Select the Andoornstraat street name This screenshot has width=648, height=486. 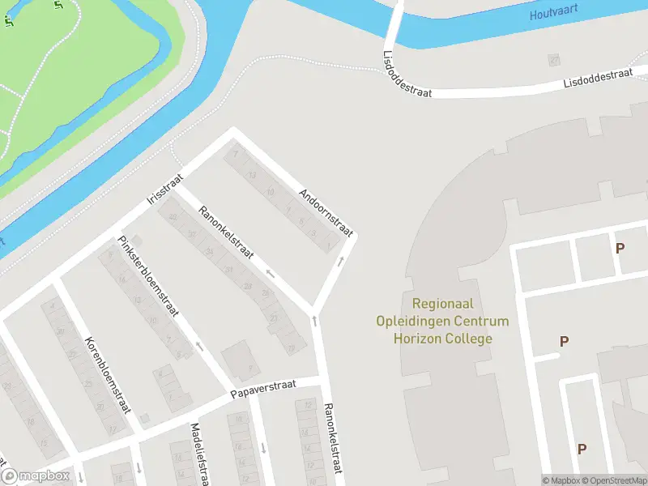coord(326,211)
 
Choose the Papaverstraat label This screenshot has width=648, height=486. coord(264,389)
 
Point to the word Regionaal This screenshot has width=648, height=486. coord(443,304)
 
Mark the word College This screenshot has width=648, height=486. coord(470,338)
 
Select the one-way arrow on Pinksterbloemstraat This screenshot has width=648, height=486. coord(198,347)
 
